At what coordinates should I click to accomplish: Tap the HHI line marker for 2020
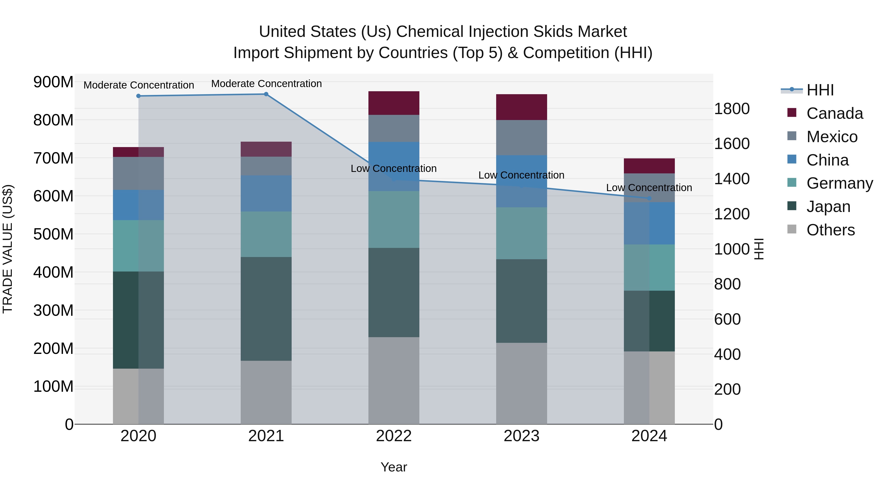pos(138,96)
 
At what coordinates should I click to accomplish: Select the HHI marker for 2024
pos(649,198)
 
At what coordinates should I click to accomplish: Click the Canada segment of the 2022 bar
pos(394,103)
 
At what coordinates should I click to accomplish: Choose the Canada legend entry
pos(834,113)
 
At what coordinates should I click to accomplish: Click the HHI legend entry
pos(820,90)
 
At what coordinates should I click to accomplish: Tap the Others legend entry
pos(830,230)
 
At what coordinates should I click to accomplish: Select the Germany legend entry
pos(839,183)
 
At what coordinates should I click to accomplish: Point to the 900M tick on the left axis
pos(53,82)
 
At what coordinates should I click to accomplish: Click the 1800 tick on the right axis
pos(732,109)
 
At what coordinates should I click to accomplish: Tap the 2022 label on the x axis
pos(394,436)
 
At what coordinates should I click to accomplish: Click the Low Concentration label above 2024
pos(649,188)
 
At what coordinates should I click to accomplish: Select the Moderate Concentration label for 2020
pos(139,85)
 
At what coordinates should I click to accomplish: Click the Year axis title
pos(394,467)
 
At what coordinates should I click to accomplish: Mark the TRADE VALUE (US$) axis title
pos(8,249)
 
